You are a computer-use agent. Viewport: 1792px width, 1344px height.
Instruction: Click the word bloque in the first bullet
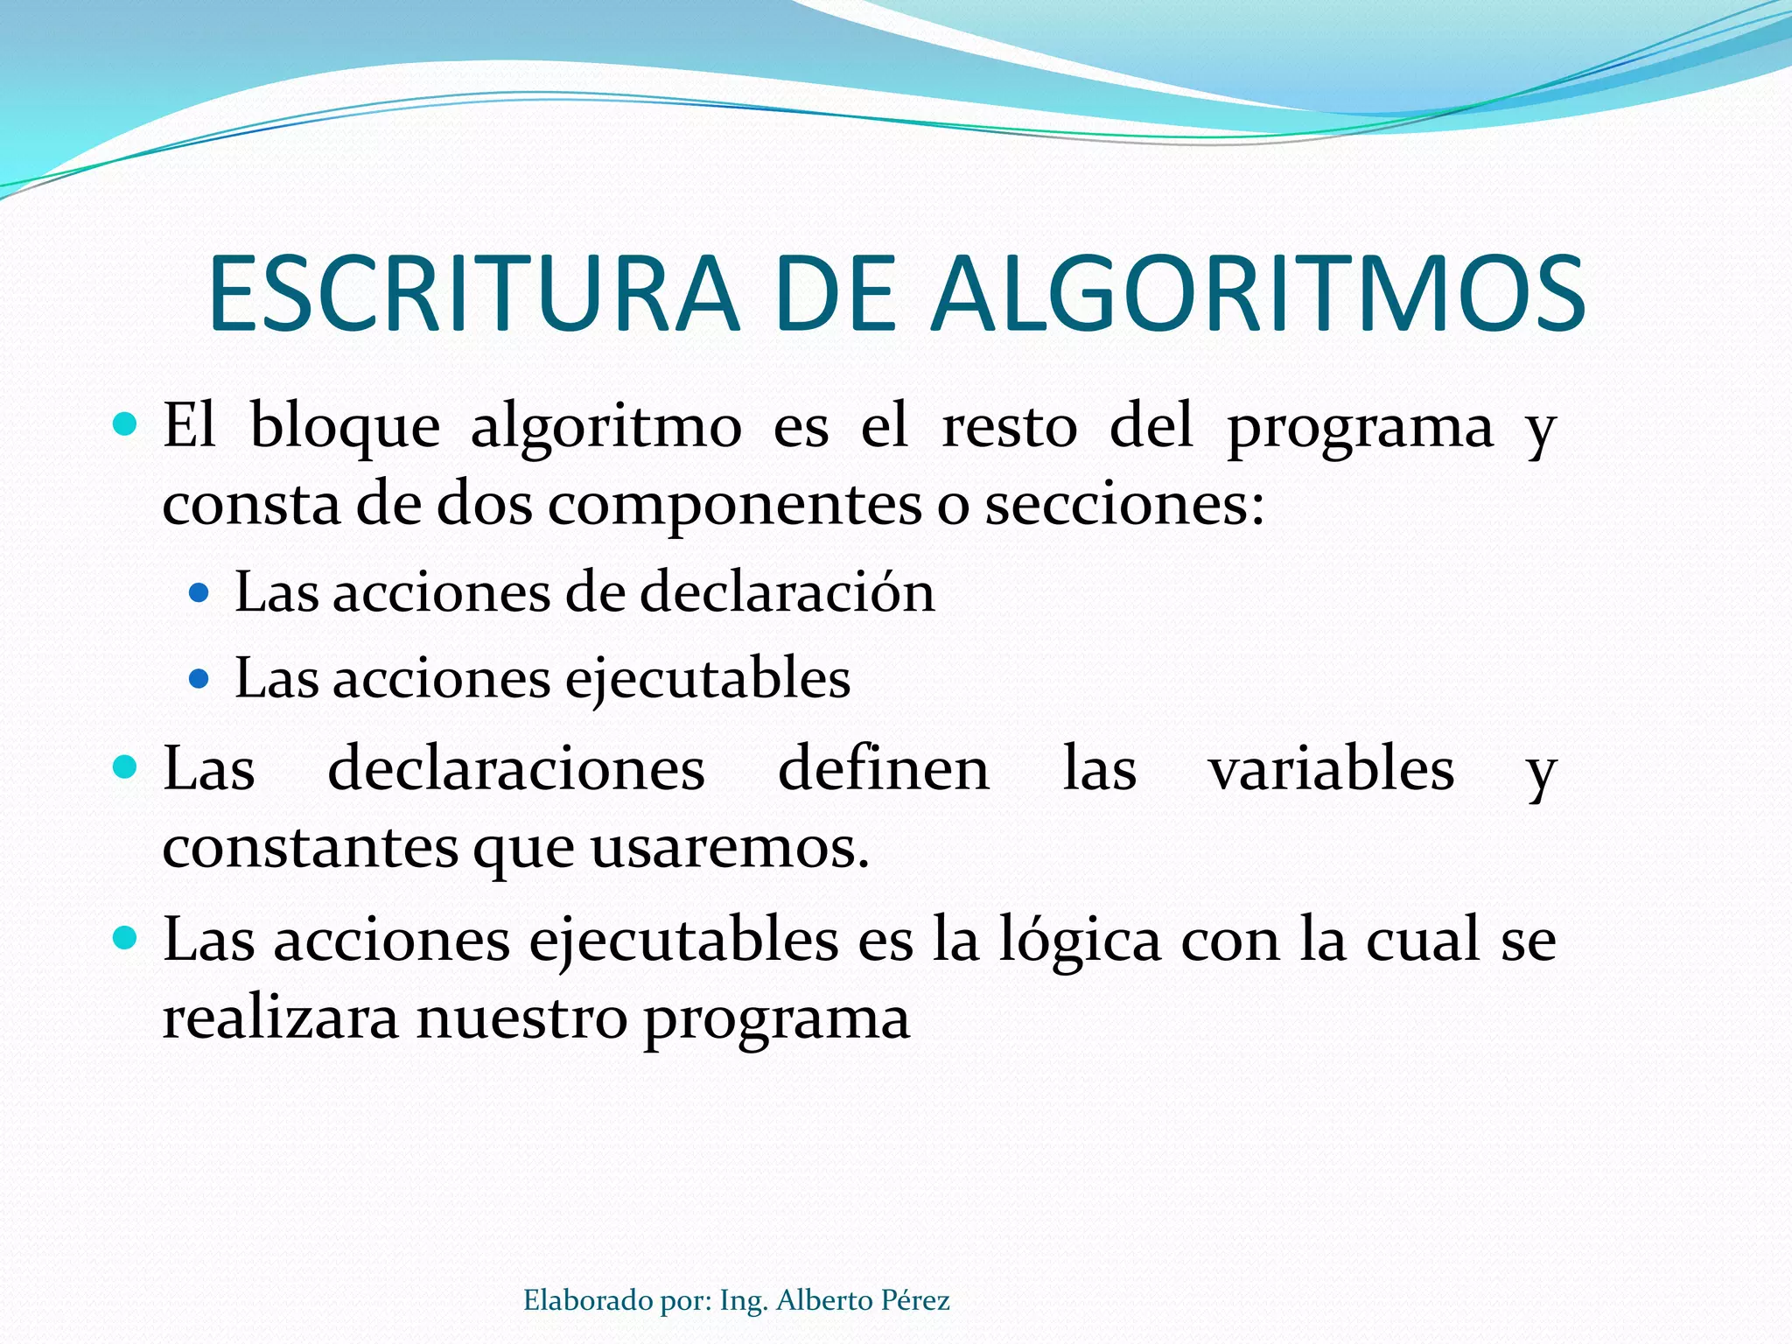coord(345,428)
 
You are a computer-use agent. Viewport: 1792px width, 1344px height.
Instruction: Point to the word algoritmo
coord(606,428)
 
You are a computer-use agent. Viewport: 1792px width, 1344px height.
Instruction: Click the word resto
coord(1009,428)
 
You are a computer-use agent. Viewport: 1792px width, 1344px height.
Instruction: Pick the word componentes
coord(735,506)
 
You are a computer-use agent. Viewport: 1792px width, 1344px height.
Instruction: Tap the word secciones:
coord(1125,506)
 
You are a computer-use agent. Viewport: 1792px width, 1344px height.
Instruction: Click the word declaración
coord(787,592)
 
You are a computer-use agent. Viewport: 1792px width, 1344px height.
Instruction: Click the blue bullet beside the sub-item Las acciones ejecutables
coord(199,679)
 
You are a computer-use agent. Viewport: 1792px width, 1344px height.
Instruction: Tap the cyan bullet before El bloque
coord(126,426)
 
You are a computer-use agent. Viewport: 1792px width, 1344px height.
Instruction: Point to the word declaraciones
coord(516,769)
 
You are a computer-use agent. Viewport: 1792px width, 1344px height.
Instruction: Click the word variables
coord(1331,769)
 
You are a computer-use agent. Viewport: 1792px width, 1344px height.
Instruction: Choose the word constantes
coord(311,847)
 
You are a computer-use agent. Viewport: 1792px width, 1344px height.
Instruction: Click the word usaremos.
coord(730,847)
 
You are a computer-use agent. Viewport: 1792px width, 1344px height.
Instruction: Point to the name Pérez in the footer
coord(914,1301)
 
